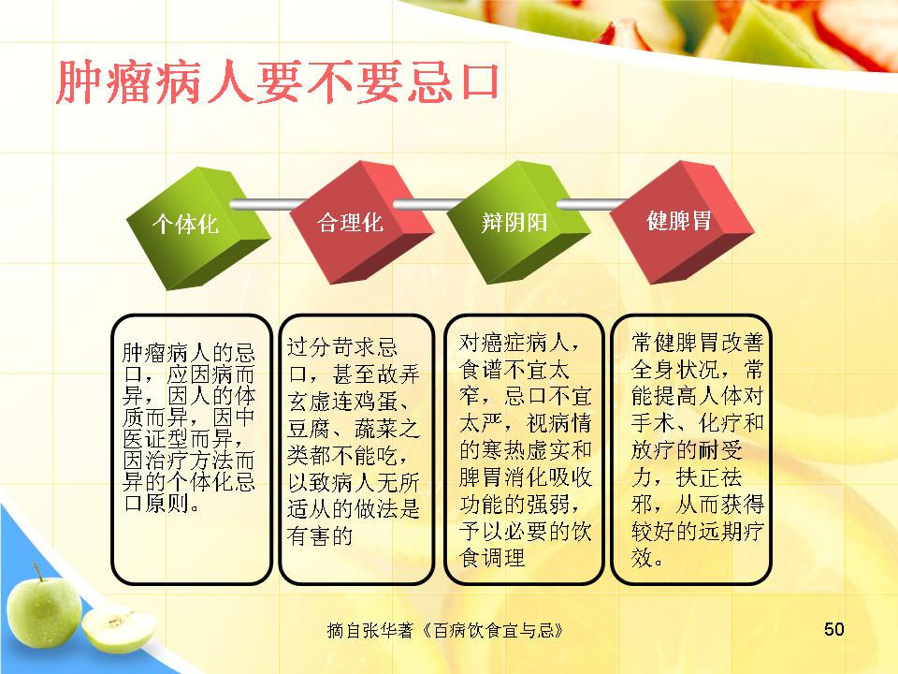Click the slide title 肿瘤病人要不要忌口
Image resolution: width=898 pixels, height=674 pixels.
(278, 83)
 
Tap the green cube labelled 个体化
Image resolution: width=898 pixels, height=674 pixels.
(197, 227)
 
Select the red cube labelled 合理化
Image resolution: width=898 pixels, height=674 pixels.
(361, 223)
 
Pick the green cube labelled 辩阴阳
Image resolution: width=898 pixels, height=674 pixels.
(517, 223)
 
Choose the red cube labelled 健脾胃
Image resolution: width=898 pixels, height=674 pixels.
(682, 221)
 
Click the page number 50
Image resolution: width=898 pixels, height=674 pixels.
(833, 629)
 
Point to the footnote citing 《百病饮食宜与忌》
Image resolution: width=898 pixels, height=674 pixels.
(445, 630)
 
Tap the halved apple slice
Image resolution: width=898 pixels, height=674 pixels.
(119, 630)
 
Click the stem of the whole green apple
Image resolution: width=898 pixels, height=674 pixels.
(37, 571)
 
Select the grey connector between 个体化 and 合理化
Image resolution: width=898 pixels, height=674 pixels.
(267, 204)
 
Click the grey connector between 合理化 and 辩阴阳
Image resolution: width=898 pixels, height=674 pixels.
(429, 204)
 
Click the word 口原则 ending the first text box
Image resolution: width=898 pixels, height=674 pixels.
(156, 503)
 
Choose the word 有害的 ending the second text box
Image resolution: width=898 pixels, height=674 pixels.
(320, 536)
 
